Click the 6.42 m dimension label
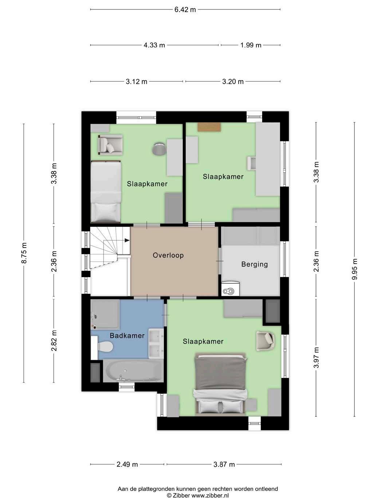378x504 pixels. (185, 9)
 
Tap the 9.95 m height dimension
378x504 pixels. (355, 269)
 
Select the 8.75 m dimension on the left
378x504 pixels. (24, 253)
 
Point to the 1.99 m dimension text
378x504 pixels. (251, 45)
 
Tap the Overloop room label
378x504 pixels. (168, 255)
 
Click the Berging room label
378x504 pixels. (255, 264)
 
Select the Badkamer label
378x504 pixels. (127, 336)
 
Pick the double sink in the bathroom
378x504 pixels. (156, 343)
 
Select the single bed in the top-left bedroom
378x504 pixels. (106, 192)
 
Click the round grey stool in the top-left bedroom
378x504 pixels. (159, 149)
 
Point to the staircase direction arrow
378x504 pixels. (126, 240)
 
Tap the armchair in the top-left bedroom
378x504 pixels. (110, 145)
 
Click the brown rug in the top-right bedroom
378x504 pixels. (209, 127)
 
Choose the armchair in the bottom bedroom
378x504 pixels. (265, 341)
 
